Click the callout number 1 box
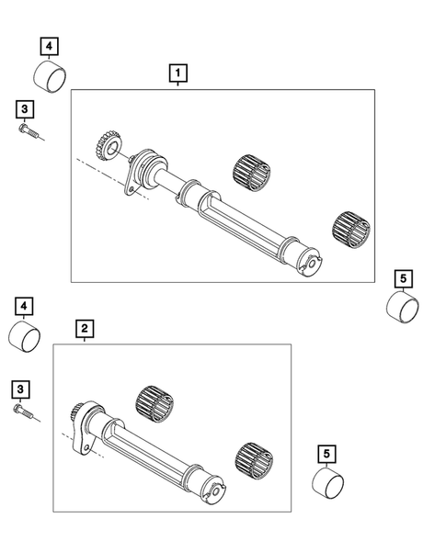tap(175, 71)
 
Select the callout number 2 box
tap(84, 327)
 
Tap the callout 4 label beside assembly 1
tap(48, 44)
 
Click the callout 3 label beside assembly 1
tap(24, 109)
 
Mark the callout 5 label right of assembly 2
tap(326, 451)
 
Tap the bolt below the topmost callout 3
tap(29, 134)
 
